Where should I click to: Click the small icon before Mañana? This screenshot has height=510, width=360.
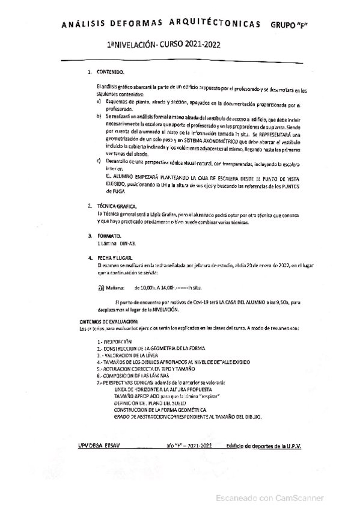point(100,287)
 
